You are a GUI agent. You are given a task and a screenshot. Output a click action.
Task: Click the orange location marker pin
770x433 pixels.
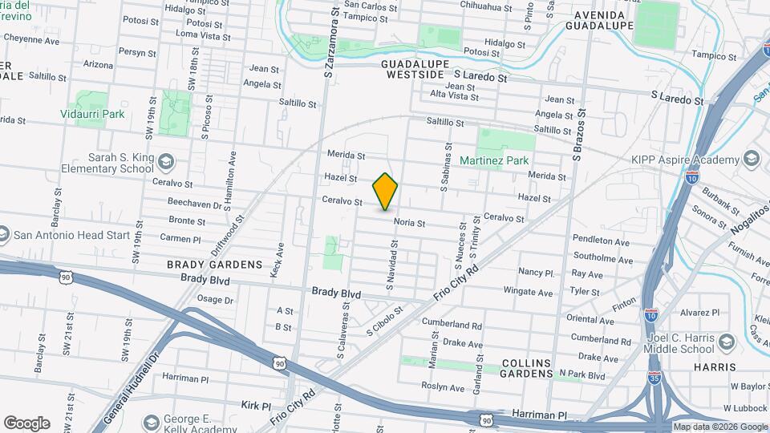(385, 191)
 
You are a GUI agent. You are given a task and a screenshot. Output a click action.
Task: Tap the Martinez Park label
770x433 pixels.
(494, 160)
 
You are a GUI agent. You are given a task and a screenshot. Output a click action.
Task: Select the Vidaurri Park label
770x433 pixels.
(92, 115)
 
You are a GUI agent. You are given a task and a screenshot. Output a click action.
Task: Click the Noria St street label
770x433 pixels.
(409, 223)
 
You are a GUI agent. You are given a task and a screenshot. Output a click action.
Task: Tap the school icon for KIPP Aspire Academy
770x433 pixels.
(751, 160)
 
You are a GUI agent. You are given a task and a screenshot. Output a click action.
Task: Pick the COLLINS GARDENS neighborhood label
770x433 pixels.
(526, 368)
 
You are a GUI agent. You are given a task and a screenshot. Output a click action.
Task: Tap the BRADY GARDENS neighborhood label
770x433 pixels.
(214, 265)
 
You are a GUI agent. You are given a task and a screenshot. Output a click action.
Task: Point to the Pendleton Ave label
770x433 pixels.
(601, 241)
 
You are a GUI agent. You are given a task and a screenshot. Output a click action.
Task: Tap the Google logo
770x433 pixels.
(26, 423)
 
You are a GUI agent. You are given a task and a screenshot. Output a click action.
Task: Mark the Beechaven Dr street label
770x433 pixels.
(195, 205)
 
